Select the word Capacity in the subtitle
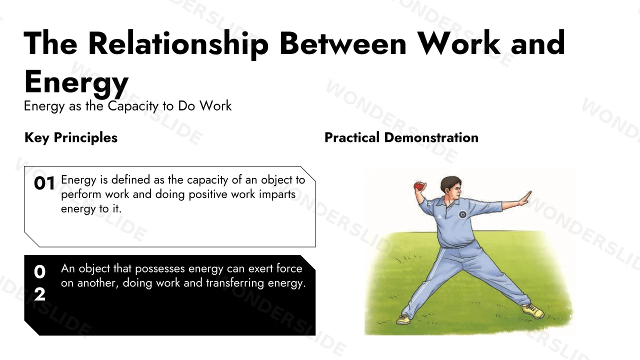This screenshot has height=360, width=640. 133,106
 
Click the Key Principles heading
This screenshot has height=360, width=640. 71,138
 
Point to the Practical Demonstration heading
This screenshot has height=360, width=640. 401,137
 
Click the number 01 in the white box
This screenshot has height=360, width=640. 44,183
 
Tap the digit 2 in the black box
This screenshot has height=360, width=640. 39,294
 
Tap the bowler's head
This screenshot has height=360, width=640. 451,189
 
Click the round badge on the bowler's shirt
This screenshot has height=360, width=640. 462,214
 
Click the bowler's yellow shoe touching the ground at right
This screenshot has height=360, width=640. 532,311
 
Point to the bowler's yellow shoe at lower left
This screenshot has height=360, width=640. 403,319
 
